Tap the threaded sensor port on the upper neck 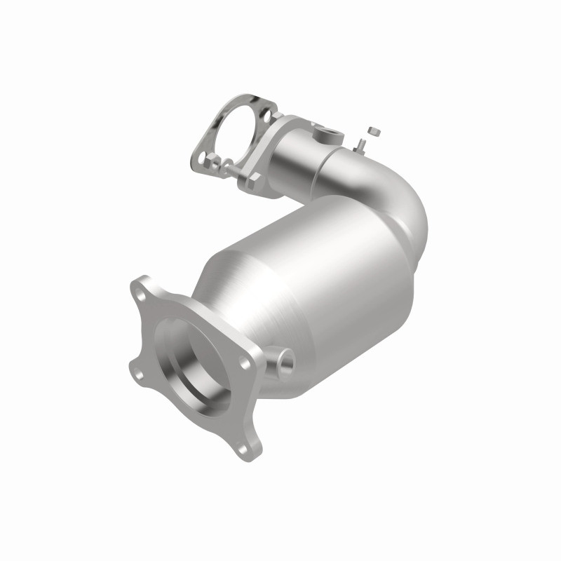tap(327, 133)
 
